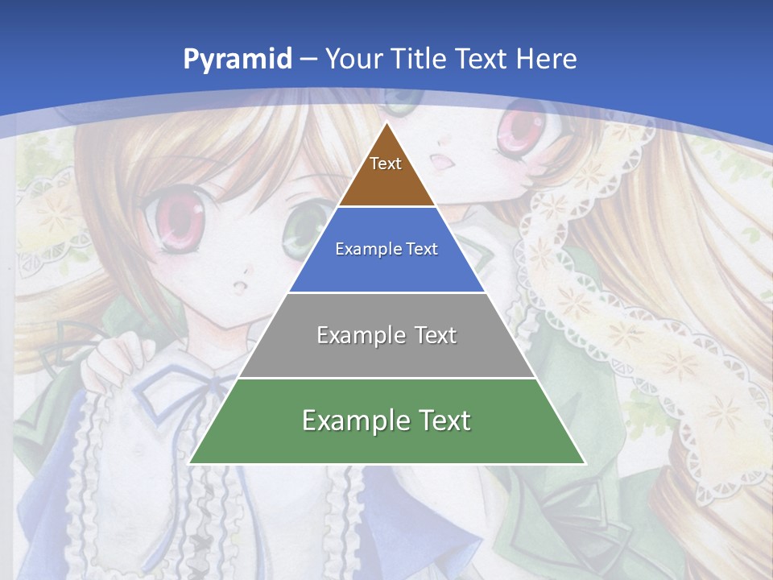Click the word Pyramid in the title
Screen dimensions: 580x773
[236, 59]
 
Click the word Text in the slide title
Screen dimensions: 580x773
[482, 59]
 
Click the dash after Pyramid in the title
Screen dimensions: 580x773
[308, 60]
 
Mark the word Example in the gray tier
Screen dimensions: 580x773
[353, 334]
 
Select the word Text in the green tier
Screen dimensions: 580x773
[442, 420]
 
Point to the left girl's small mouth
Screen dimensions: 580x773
[238, 288]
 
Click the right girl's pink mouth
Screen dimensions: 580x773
[442, 162]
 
